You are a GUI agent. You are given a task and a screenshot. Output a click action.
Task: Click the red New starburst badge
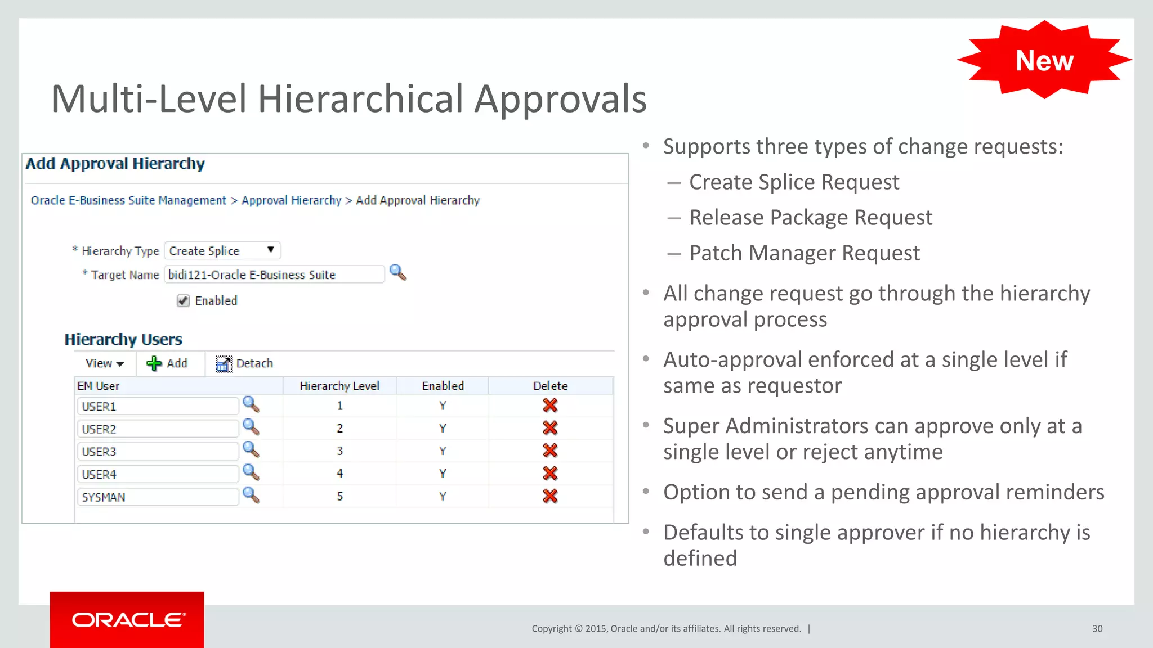point(1044,60)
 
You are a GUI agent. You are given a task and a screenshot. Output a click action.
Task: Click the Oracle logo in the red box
point(128,620)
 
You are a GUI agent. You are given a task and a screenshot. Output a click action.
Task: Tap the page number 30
point(1097,629)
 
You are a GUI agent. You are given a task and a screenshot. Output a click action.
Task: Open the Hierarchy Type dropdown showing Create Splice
point(222,250)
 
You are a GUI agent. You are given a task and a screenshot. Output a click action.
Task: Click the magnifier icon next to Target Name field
point(397,273)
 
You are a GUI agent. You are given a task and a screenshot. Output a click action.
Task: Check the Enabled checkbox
point(183,300)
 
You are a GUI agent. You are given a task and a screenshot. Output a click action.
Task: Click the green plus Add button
point(167,363)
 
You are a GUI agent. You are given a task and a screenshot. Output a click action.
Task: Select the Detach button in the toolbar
point(244,363)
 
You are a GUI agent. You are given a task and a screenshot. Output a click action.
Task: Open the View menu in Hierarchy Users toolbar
point(104,363)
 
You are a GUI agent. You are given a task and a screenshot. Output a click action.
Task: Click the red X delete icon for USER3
point(550,451)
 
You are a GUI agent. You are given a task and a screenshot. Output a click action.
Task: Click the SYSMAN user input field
point(158,497)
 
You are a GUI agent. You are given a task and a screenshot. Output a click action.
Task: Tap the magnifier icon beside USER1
point(251,404)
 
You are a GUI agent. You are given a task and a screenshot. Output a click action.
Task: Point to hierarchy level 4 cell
point(339,474)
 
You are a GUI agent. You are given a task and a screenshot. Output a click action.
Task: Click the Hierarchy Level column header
point(339,386)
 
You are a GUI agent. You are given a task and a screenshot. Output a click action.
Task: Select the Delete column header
point(550,386)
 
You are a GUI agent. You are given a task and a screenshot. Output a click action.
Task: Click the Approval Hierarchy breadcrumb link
point(291,200)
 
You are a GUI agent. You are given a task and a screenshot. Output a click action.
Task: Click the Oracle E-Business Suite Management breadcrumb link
point(128,200)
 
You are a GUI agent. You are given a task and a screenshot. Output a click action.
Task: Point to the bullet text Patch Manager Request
point(805,253)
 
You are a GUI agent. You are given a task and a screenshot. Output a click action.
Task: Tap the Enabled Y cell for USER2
point(443,428)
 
